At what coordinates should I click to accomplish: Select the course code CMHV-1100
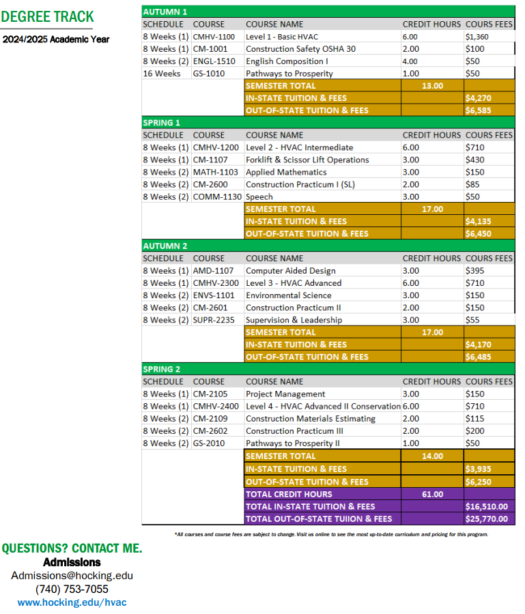[214, 37]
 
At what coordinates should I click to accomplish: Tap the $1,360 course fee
[477, 37]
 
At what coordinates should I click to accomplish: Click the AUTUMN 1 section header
[165, 12]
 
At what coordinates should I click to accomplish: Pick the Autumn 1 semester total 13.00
[432, 86]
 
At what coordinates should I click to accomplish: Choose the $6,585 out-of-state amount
[478, 111]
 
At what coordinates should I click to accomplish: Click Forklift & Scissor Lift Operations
[307, 160]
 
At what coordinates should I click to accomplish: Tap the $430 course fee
[474, 160]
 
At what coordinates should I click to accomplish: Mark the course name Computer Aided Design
[291, 271]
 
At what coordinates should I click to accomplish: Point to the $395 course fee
[474, 271]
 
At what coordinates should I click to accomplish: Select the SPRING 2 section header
[162, 369]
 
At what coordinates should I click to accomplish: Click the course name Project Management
[285, 394]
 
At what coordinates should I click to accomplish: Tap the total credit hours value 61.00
[432, 494]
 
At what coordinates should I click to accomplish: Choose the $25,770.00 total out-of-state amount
[486, 518]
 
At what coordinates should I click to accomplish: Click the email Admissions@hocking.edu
[72, 575]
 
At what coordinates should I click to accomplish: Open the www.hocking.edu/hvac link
[72, 602]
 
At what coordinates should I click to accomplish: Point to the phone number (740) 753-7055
[72, 589]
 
